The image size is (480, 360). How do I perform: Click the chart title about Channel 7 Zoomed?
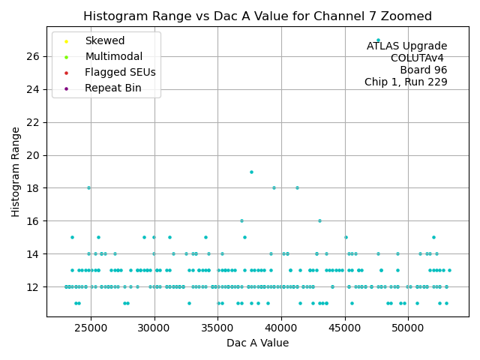257,16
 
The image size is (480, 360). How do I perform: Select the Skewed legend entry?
105,40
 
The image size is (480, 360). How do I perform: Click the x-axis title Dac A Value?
257,343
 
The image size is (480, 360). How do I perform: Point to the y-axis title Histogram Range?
16,172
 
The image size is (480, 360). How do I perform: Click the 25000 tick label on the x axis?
91,328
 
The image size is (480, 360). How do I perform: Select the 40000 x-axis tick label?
281,328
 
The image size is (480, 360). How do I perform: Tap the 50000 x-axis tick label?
408,328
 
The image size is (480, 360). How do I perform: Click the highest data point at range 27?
378,40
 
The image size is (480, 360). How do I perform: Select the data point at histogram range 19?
251,172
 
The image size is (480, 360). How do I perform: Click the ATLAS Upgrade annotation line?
406,46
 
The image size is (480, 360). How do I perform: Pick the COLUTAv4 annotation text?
418,58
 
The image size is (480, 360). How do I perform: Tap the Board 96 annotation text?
424,70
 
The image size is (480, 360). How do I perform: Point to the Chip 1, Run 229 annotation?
406,82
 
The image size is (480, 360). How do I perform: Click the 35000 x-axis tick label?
218,328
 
